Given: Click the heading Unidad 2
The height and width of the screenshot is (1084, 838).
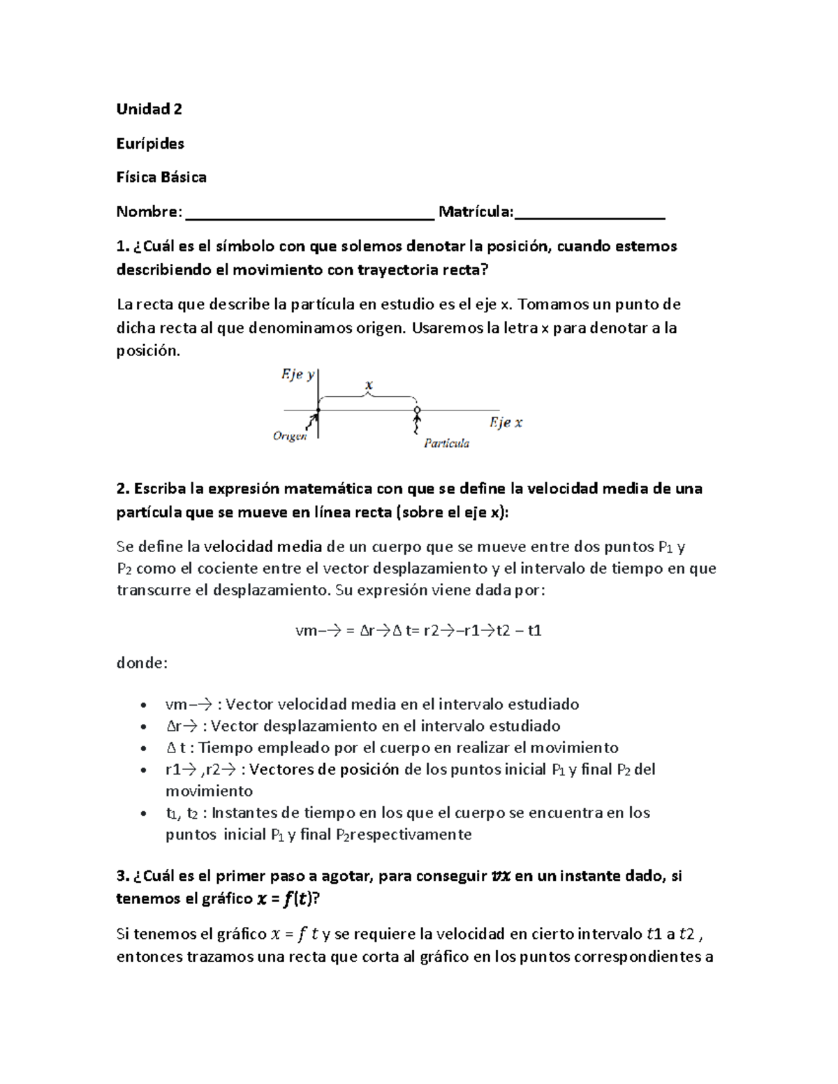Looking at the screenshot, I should coord(149,109).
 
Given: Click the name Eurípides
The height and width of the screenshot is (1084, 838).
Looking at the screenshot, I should coord(150,143).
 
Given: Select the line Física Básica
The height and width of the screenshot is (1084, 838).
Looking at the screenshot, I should coord(161,177).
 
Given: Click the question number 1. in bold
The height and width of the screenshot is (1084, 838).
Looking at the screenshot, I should coord(123,246).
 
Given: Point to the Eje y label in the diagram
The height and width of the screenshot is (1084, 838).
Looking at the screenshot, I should coord(297,375).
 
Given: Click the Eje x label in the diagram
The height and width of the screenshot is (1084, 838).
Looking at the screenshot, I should coord(506,422).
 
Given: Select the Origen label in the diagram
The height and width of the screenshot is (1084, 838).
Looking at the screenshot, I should coord(290,436).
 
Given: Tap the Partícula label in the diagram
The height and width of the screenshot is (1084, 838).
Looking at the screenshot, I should coord(447,443).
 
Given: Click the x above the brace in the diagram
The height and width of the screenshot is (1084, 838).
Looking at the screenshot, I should coord(369,385).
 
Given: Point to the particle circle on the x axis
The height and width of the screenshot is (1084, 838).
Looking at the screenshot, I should coord(417,410).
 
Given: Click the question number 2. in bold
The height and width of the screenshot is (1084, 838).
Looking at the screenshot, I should coord(123,489).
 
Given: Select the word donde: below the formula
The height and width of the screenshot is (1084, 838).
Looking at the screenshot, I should coord(142,663).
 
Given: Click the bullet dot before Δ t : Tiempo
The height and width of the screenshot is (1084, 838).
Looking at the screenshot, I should coord(143,748).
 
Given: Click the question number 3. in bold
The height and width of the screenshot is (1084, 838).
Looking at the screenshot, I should coord(123,876).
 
